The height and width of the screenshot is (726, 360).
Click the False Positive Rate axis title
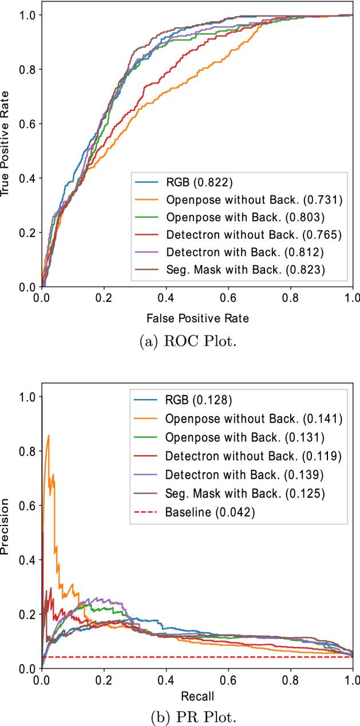[197, 315]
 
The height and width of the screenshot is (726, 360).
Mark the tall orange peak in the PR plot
[49, 436]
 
